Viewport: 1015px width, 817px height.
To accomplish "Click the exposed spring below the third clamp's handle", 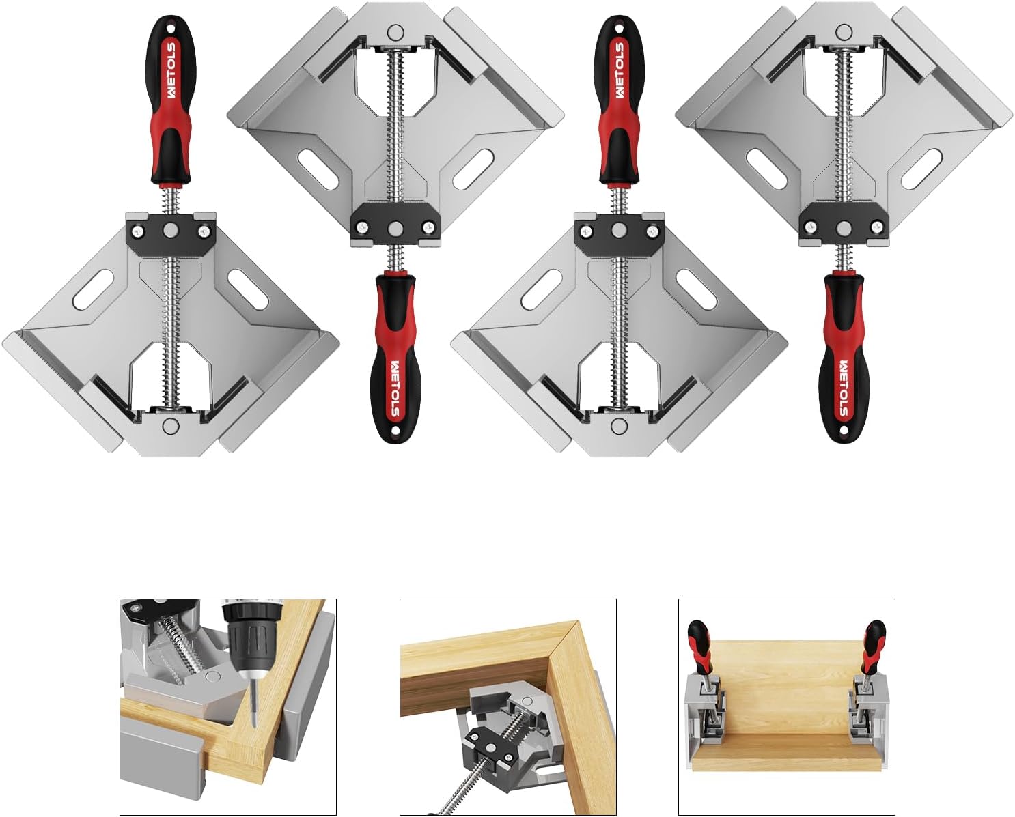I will pos(619,200).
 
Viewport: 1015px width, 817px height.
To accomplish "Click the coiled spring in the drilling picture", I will pos(179,648).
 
